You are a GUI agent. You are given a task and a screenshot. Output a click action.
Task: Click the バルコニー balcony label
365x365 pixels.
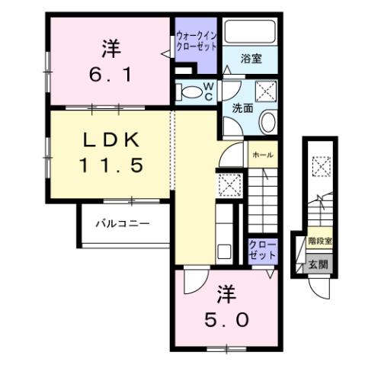coord(123,223)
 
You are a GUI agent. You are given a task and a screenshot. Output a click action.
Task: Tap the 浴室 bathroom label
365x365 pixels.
coord(252,59)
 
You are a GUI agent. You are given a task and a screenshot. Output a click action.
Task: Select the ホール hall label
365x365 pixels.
coord(262,154)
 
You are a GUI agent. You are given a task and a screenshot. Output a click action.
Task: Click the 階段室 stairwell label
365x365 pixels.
coord(319,242)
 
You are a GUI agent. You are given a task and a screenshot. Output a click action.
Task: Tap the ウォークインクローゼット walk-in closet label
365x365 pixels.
coord(196,40)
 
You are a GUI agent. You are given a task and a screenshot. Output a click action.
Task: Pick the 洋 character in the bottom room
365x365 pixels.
coord(226,291)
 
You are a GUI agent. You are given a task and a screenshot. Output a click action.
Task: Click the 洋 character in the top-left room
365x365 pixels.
coord(110,47)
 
